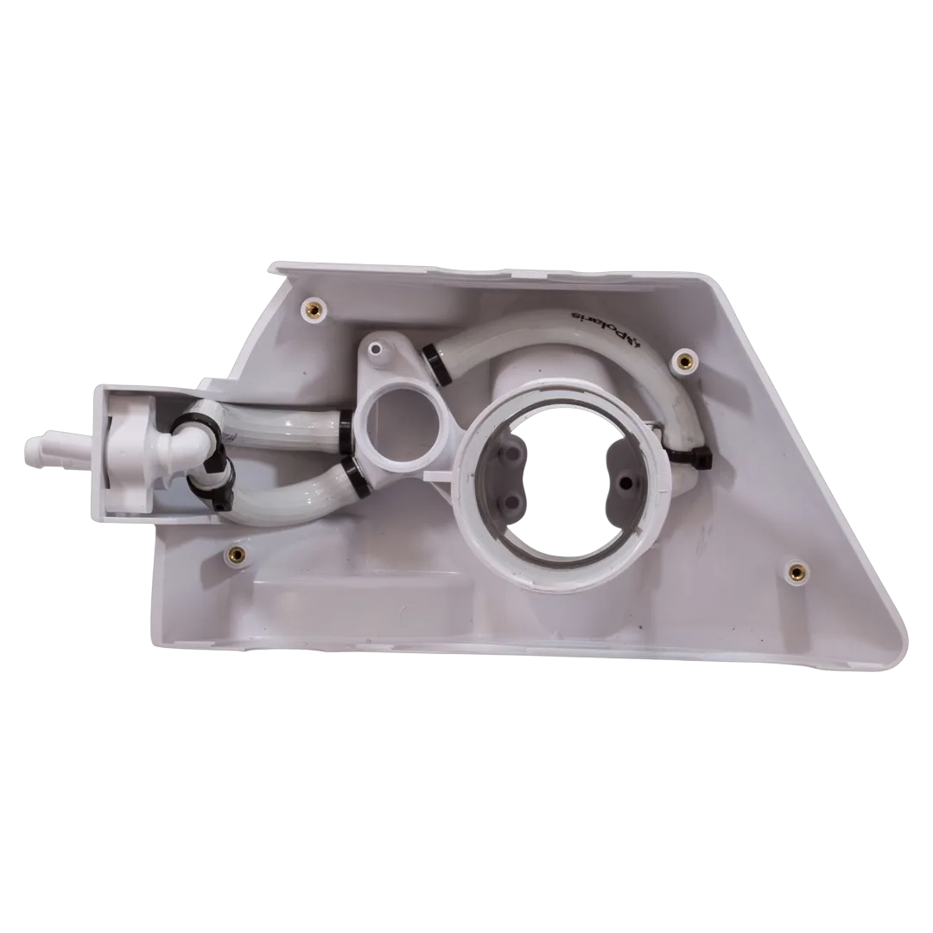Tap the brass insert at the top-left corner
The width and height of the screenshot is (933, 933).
313,308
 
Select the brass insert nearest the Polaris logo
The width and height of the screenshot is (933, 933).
683,360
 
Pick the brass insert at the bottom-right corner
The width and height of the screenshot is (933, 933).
794,572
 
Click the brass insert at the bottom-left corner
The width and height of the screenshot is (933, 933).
235,555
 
